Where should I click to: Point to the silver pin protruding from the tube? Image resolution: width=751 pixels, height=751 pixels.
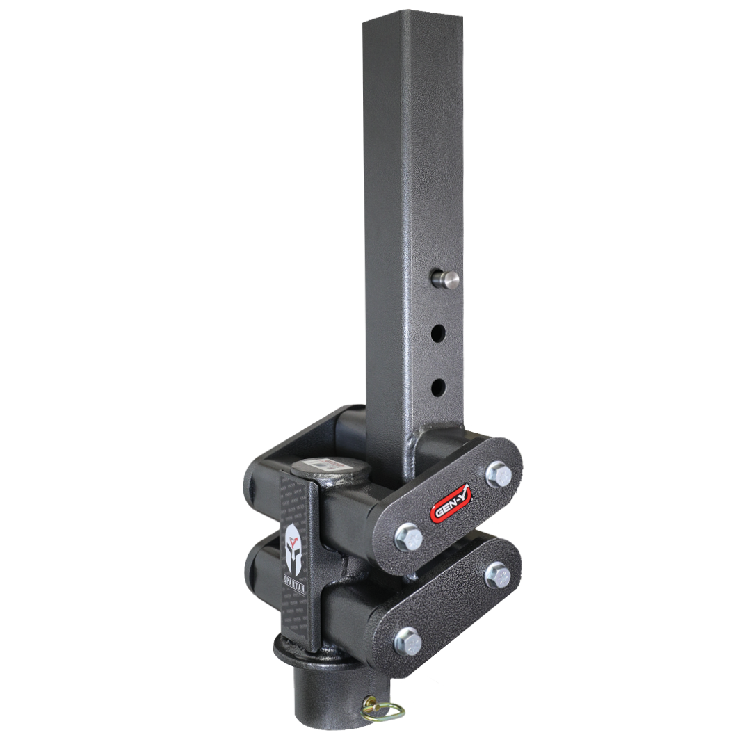(446, 280)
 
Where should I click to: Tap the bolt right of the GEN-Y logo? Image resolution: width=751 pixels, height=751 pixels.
(499, 474)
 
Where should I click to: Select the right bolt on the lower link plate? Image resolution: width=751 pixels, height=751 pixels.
(498, 574)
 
